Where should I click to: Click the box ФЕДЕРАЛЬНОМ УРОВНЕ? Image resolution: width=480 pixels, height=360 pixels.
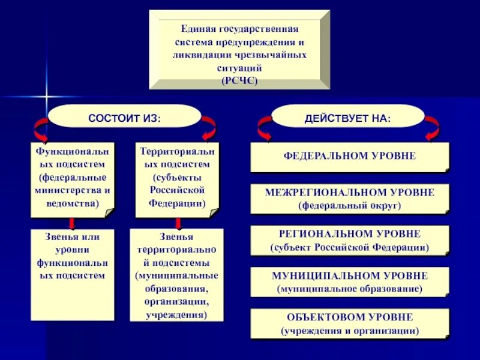(349, 157)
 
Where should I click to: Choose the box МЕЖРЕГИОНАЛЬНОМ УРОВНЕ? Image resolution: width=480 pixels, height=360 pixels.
(349, 199)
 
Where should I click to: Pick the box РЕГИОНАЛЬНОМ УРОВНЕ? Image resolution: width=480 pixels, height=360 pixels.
(349, 240)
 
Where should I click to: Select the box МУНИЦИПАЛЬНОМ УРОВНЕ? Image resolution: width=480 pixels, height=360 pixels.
(349, 281)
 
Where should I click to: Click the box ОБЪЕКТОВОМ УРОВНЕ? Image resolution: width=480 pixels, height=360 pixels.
(349, 323)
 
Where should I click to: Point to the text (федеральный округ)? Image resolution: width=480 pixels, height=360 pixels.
(349, 206)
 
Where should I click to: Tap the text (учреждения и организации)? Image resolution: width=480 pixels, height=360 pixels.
(349, 331)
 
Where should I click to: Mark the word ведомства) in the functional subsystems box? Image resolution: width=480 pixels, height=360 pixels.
(73, 203)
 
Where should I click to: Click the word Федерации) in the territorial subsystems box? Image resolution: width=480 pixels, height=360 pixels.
(177, 203)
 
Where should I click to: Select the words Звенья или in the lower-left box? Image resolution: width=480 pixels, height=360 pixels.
(73, 236)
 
